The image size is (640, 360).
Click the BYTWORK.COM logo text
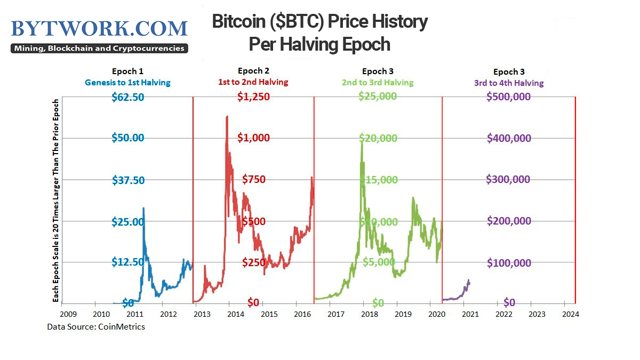click(99, 29)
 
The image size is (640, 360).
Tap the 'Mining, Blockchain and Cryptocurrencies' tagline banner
click(99, 49)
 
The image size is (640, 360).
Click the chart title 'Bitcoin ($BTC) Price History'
click(319, 21)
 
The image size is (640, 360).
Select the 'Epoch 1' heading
click(127, 71)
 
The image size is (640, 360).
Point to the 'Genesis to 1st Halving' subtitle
click(127, 83)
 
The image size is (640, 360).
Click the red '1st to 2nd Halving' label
click(253, 82)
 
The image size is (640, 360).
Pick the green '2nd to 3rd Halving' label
click(378, 83)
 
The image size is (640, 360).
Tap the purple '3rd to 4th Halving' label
click(509, 83)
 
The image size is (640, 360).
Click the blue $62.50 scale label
click(127, 97)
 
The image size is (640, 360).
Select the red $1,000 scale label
click(253, 138)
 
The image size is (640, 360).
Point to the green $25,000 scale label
click(378, 97)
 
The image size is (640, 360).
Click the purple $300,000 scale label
click(508, 179)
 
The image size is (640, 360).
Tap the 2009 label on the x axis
click(68, 314)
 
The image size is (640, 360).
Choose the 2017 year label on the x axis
click(336, 314)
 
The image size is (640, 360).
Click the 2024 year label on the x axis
click(571, 314)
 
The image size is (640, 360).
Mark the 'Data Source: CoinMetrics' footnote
click(96, 327)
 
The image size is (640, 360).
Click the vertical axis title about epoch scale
click(55, 201)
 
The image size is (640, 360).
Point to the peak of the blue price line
click(143, 208)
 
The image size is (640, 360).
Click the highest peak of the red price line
click(227, 117)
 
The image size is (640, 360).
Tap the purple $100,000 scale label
click(509, 263)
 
